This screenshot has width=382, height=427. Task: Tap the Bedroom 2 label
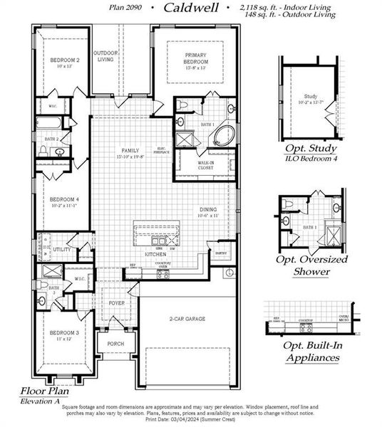pyautogui.click(x=65, y=60)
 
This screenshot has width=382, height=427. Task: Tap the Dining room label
pyautogui.click(x=208, y=211)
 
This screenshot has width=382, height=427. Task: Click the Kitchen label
pyautogui.click(x=156, y=253)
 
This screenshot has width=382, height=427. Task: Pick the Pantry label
pyautogui.click(x=222, y=252)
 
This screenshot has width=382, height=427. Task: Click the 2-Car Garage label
pyautogui.click(x=187, y=320)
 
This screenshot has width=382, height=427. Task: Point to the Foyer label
pyautogui.click(x=115, y=303)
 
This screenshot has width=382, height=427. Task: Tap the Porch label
pyautogui.click(x=115, y=344)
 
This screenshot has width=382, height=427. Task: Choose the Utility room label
pyautogui.click(x=62, y=250)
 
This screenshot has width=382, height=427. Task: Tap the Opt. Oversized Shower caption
pyautogui.click(x=311, y=265)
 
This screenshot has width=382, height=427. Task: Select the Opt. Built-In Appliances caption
pyautogui.click(x=311, y=352)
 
